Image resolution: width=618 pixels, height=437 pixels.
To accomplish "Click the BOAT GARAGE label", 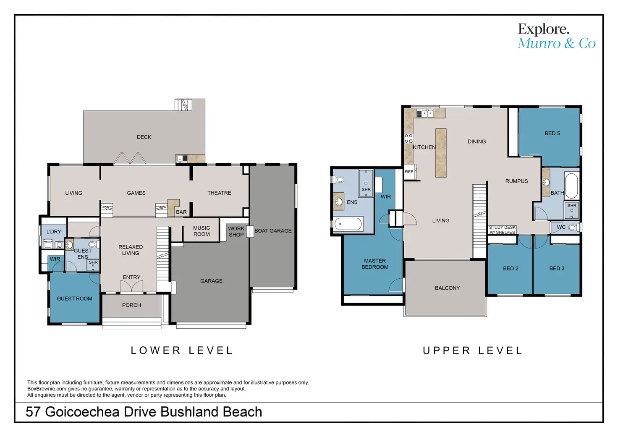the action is pyautogui.click(x=273, y=230).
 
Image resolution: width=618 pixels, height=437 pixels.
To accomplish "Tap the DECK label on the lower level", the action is pyautogui.click(x=144, y=137).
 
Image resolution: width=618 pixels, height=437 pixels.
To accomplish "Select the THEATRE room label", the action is pyautogui.click(x=219, y=193).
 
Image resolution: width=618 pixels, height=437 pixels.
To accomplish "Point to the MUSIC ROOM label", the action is pyautogui.click(x=202, y=231).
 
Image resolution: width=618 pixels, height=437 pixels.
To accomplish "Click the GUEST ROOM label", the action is pyautogui.click(x=74, y=298).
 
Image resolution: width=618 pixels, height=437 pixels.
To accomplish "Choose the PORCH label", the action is pyautogui.click(x=131, y=305).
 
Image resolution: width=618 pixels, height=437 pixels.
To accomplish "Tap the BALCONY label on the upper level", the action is pyautogui.click(x=448, y=288).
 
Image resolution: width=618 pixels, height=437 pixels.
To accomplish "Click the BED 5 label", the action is pyautogui.click(x=553, y=133).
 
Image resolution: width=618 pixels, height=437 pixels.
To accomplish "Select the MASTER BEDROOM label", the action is pyautogui.click(x=375, y=264).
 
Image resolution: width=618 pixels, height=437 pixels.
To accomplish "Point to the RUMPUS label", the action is pyautogui.click(x=516, y=181).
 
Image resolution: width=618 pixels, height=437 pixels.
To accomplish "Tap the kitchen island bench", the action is pyautogui.click(x=441, y=153).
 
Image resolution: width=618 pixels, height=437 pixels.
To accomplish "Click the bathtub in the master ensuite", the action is pyautogui.click(x=348, y=224).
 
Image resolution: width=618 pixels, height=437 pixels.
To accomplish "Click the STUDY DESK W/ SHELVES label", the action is pyautogui.click(x=502, y=230).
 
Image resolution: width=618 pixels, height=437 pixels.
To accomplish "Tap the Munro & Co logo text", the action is pyautogui.click(x=556, y=43).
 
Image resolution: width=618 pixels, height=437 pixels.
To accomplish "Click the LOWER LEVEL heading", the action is pyautogui.click(x=182, y=351).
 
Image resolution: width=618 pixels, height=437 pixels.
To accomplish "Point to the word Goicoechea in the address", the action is pyautogui.click(x=82, y=412).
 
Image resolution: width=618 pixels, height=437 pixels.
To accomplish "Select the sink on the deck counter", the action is pyautogui.click(x=180, y=159).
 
